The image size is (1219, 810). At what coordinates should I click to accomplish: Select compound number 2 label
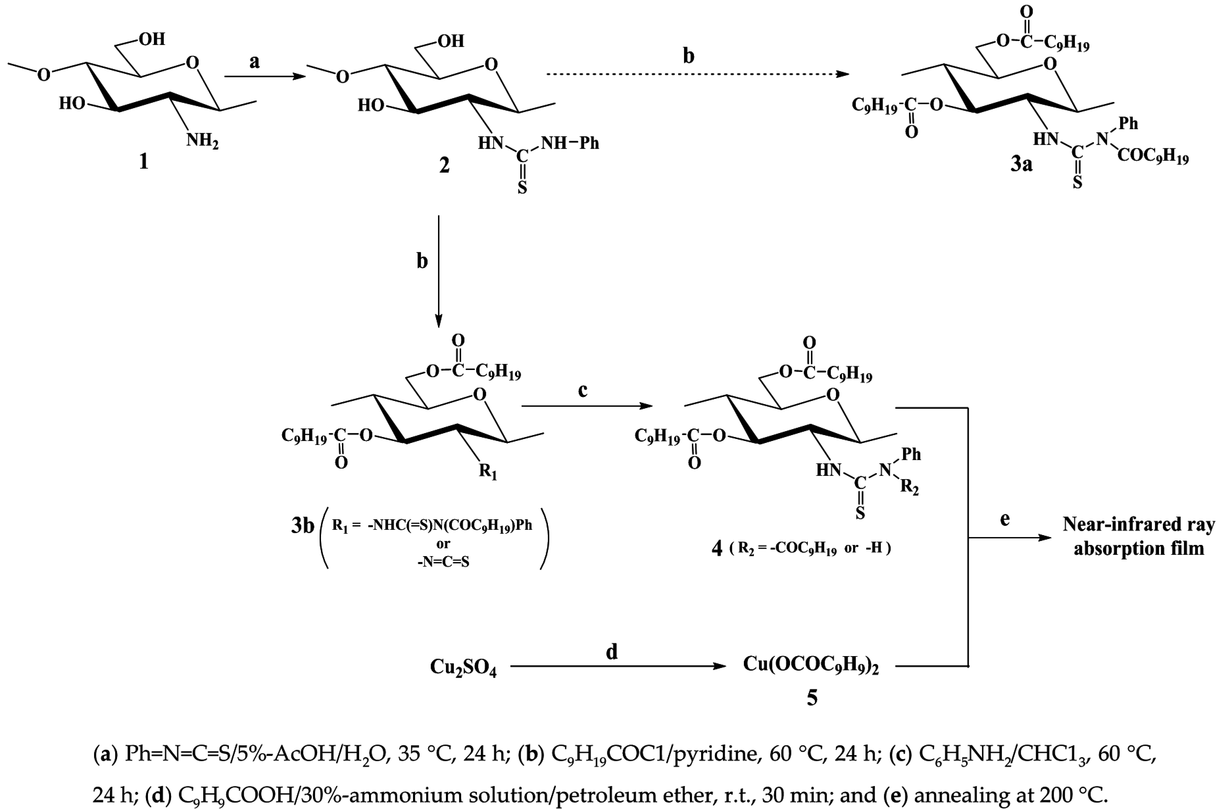(444, 165)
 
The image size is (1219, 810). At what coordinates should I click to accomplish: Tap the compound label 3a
(1021, 164)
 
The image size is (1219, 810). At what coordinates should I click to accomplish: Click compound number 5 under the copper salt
(812, 698)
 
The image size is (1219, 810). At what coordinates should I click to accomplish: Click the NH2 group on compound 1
(203, 139)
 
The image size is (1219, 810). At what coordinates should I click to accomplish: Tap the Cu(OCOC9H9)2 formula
(811, 665)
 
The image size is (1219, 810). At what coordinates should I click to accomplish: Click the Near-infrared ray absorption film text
(1138, 536)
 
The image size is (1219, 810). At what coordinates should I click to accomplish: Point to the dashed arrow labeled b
(697, 74)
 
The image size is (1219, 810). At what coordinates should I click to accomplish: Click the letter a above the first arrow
(254, 62)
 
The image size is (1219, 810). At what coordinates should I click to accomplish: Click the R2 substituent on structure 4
(910, 487)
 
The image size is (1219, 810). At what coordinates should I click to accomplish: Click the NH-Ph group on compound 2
(570, 143)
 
